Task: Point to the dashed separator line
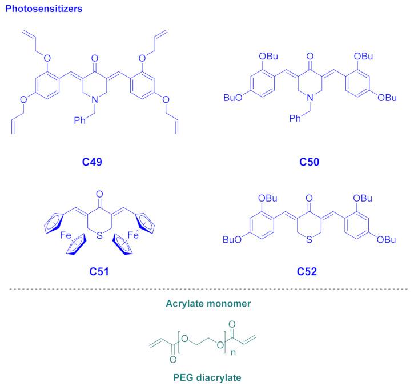pyautogui.click(x=207, y=290)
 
